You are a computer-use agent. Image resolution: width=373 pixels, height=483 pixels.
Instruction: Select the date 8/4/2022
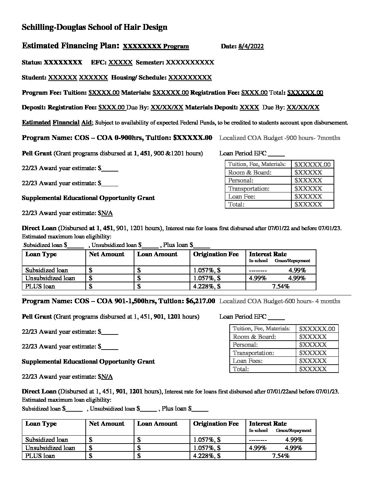coord(251,46)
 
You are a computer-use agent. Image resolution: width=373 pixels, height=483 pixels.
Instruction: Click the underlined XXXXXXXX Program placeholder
coord(156,46)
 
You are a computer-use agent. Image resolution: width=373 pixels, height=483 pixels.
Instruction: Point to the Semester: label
coord(150,62)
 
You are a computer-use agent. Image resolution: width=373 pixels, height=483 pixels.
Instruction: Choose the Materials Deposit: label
coord(211,107)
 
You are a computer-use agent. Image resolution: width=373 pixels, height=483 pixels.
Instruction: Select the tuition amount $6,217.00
coord(200,301)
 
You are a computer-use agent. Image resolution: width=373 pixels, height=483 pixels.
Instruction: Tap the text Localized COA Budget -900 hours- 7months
coord(279,138)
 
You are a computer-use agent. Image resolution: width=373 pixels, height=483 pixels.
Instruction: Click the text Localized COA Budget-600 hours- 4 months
coord(279,301)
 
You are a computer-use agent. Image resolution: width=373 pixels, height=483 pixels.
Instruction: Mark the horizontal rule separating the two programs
coord(186,295)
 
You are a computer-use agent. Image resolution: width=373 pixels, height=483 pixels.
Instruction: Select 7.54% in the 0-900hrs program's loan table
coord(280,286)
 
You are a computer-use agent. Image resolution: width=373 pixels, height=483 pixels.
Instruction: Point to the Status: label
coord(32,62)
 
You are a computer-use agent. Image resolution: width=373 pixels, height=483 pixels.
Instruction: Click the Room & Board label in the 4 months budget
coord(254,337)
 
